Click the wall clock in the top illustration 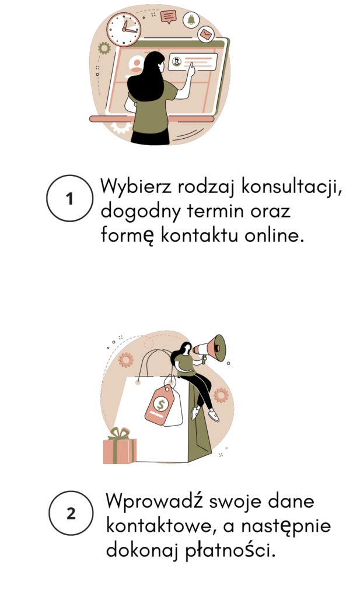coord(124,29)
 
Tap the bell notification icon coord(191,19)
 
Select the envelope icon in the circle coord(206,34)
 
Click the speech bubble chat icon coord(169,16)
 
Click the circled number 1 coord(69,198)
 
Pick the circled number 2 coord(71,513)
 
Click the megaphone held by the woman coord(210,348)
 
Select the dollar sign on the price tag coord(160,404)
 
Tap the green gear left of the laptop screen coord(104,48)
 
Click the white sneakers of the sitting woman coord(206,414)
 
